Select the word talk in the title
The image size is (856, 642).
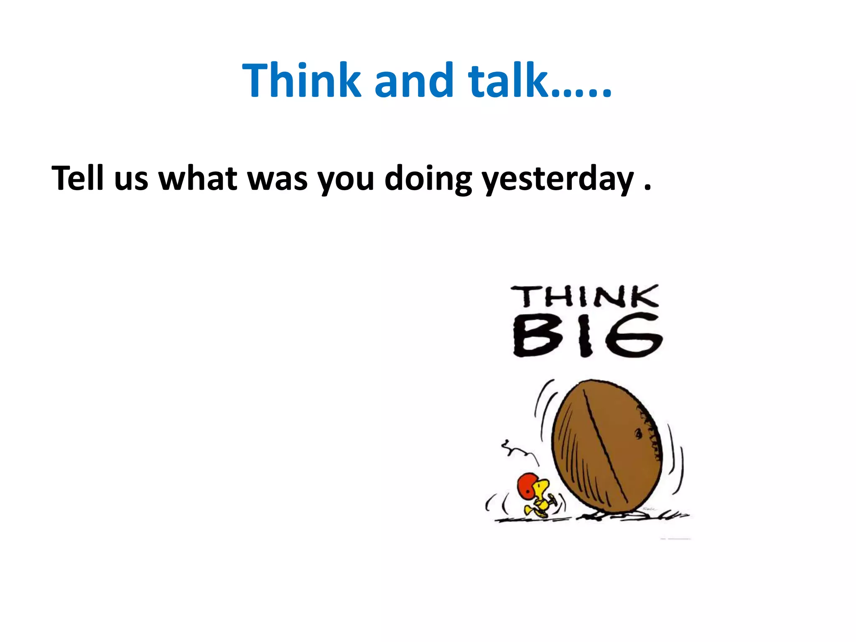[507, 80]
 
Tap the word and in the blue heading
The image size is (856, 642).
[414, 80]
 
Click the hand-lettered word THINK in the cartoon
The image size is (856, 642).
[584, 296]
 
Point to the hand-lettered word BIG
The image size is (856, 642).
[587, 336]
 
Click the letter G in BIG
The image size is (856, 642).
[635, 336]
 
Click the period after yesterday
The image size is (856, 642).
[647, 188]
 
